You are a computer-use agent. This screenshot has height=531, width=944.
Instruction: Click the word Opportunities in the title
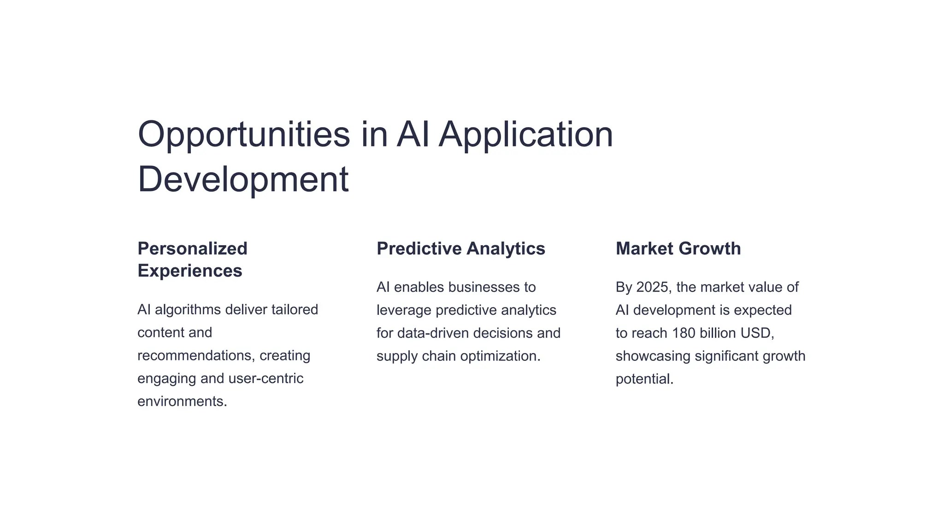[x=244, y=135]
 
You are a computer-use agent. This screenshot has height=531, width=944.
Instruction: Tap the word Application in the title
[x=525, y=135]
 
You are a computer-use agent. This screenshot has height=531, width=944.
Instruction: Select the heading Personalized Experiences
[x=192, y=260]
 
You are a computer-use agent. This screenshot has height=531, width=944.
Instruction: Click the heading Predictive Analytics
[x=460, y=249]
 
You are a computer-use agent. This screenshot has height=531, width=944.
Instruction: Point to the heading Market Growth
[x=678, y=249]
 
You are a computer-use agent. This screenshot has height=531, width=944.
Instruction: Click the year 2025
[x=652, y=287]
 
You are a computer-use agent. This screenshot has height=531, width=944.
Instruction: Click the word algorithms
[x=188, y=310]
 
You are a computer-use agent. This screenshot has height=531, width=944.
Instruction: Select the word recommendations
[x=196, y=356]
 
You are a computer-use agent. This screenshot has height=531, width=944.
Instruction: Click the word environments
[x=182, y=401]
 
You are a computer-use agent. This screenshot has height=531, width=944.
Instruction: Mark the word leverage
[x=404, y=310]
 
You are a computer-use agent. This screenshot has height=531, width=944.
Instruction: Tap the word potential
[x=644, y=379]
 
